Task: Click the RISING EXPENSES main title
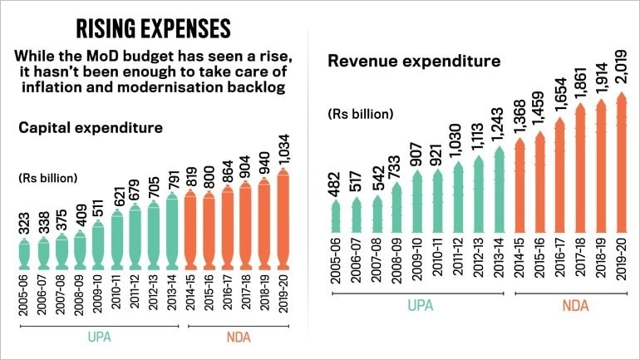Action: coord(153,28)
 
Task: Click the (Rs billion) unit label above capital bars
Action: coord(48,178)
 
